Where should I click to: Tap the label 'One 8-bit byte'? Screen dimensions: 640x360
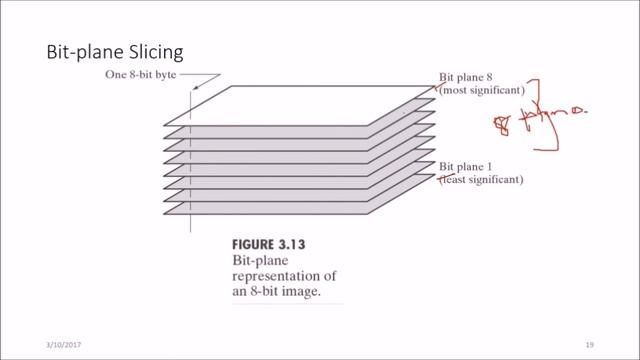[138, 75]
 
